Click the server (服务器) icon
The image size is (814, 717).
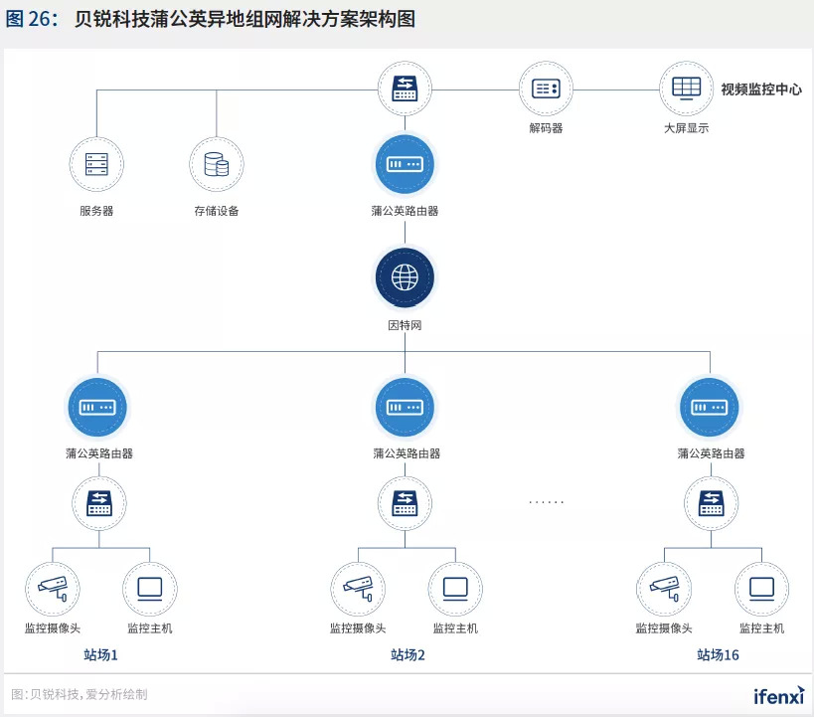(x=96, y=164)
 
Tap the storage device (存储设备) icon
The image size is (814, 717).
(x=217, y=164)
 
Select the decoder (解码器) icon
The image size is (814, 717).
(x=546, y=89)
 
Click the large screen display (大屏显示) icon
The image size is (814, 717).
(x=686, y=88)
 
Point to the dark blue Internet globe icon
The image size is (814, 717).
(x=405, y=277)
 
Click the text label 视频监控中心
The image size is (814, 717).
(x=761, y=90)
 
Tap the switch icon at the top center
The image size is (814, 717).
(x=405, y=89)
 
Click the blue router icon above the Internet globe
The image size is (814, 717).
(x=405, y=164)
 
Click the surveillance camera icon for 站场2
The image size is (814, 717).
(x=357, y=589)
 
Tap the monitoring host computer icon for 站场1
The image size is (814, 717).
(x=150, y=589)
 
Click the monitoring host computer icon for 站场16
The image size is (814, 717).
(x=761, y=589)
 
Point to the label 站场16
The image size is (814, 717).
(x=718, y=655)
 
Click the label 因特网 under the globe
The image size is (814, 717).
(x=405, y=325)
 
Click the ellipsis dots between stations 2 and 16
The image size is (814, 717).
(x=546, y=502)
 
